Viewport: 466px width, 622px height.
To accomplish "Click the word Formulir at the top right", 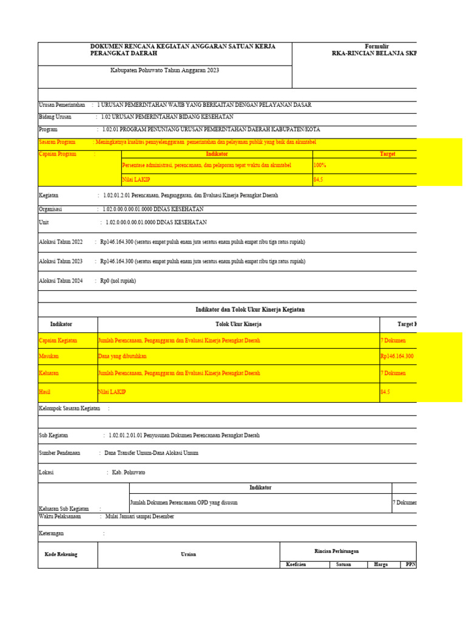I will (x=376, y=47).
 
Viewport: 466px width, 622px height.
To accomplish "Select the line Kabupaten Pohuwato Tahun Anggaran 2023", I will (x=164, y=70).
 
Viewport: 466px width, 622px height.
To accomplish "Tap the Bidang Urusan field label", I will (x=55, y=117).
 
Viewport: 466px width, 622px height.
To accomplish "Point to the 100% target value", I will (x=320, y=165).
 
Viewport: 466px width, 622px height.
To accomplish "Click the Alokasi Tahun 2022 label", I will (x=61, y=242).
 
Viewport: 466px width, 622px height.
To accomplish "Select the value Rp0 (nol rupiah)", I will (x=118, y=281).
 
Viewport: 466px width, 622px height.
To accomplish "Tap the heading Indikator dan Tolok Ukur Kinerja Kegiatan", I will (x=250, y=310).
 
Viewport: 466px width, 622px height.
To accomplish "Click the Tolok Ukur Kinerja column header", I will (x=238, y=324).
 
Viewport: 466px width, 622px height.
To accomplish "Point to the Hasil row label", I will (x=46, y=392).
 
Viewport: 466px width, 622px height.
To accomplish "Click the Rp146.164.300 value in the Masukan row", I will (x=397, y=356).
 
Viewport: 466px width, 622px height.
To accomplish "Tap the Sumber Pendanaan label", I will (x=59, y=453).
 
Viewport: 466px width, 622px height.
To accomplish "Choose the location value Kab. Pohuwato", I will (x=129, y=472).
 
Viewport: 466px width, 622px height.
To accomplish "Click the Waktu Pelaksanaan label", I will (x=61, y=516).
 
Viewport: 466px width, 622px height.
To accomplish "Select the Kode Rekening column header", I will (x=61, y=554).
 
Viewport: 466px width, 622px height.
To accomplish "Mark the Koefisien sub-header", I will (x=297, y=564).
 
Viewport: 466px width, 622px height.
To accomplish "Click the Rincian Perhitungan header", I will (x=336, y=551).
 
